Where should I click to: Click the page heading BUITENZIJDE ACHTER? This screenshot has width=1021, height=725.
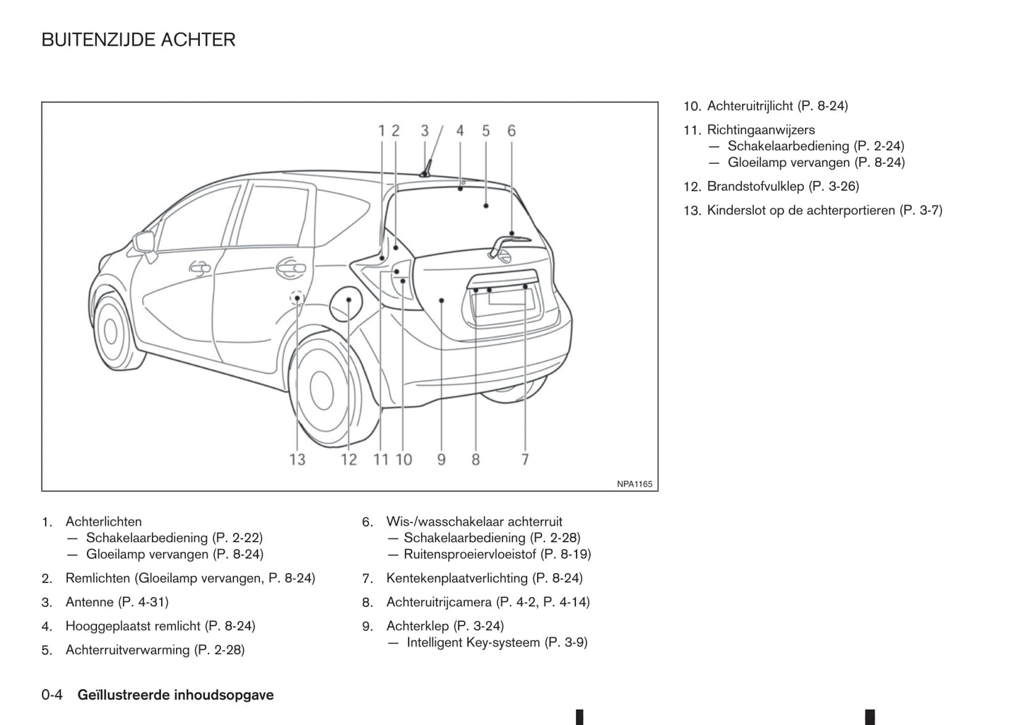click(x=138, y=40)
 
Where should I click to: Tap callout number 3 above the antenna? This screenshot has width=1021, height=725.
click(x=425, y=131)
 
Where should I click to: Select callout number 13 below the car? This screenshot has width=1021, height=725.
click(x=297, y=459)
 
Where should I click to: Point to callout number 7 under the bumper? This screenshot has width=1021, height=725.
click(x=525, y=459)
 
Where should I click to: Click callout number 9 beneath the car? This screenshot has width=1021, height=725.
click(x=441, y=459)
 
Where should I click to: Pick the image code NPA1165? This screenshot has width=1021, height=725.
click(x=635, y=484)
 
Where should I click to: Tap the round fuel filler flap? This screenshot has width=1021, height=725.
click(x=347, y=302)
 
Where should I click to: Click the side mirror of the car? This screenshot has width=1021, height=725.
click(x=145, y=242)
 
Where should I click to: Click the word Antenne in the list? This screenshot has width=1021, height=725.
click(x=89, y=602)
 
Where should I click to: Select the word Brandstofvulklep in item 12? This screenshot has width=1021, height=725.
click(x=755, y=187)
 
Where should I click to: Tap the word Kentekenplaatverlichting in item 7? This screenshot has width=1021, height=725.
click(x=456, y=578)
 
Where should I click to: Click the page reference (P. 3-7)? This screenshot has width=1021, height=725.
click(x=921, y=211)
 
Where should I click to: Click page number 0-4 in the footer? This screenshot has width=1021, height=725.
click(x=52, y=695)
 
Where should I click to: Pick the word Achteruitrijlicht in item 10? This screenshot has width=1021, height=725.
click(x=750, y=106)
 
